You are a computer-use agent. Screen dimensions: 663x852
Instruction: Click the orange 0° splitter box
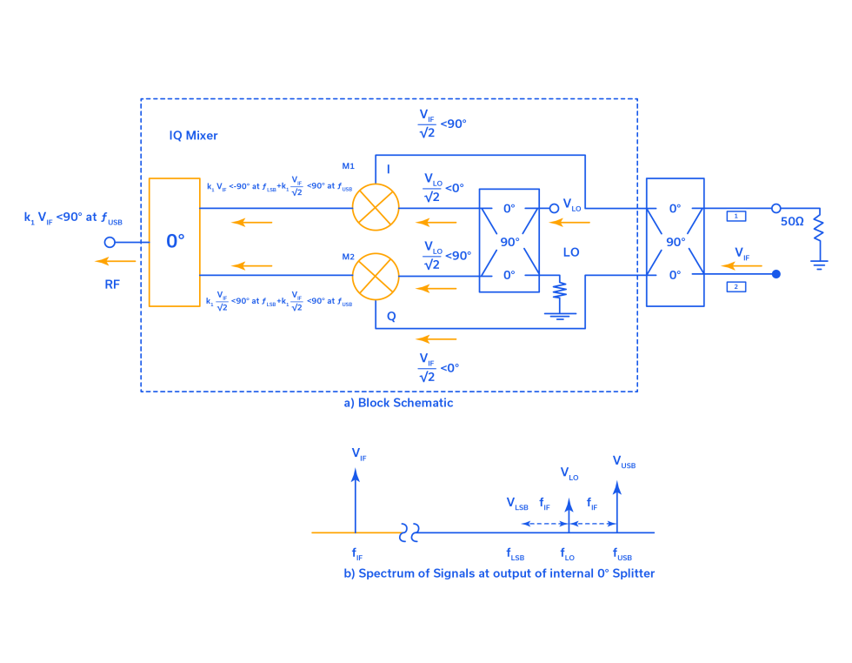click(x=174, y=242)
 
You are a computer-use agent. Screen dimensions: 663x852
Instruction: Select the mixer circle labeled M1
click(x=376, y=209)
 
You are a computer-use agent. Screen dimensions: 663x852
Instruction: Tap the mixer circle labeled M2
click(x=376, y=276)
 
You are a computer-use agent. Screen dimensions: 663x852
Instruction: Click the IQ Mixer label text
click(x=193, y=136)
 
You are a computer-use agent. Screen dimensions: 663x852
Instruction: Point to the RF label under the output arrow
click(x=112, y=284)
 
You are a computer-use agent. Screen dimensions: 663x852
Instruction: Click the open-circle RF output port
click(x=110, y=242)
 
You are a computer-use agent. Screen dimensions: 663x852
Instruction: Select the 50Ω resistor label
click(x=791, y=222)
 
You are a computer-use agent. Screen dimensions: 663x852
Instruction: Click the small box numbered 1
click(x=736, y=215)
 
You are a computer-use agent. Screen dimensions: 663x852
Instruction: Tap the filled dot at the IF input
click(x=776, y=274)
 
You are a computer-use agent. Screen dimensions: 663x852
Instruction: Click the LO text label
click(x=571, y=252)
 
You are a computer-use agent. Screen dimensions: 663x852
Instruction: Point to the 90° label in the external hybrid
click(x=675, y=242)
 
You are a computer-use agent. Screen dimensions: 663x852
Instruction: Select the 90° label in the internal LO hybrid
click(x=509, y=241)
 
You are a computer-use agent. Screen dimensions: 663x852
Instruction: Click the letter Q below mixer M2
click(x=391, y=318)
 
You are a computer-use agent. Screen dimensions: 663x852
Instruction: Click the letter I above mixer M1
click(x=387, y=167)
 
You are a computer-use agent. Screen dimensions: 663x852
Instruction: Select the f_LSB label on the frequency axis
click(x=516, y=552)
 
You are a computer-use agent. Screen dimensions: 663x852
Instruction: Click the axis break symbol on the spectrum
click(x=409, y=532)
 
